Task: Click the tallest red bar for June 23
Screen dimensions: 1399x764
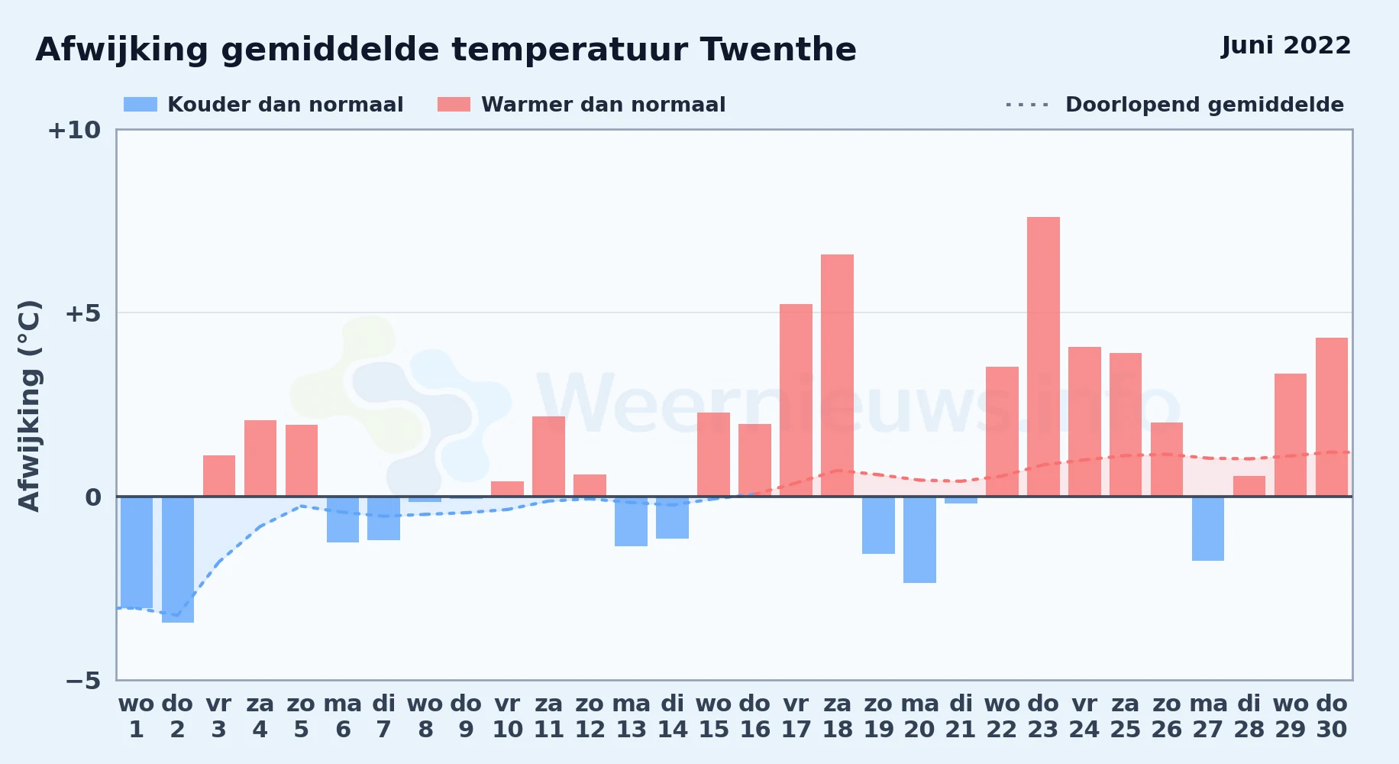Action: coord(1043,357)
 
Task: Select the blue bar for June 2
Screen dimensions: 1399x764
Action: coord(178,559)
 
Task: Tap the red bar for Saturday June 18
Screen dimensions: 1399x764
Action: coord(837,375)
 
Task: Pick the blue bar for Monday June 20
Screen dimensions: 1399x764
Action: coord(919,539)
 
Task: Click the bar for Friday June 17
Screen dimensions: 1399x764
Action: coord(796,400)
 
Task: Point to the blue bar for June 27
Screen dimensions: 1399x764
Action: coord(1208,529)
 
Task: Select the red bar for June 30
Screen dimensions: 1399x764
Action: coord(1332,417)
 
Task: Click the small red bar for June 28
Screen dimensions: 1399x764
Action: coord(1249,486)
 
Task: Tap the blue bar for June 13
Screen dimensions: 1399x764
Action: coord(631,521)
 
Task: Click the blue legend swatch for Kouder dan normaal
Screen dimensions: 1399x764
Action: coord(141,105)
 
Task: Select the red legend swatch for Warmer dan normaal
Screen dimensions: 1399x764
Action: coord(454,105)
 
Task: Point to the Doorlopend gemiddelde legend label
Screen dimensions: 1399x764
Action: coord(1204,105)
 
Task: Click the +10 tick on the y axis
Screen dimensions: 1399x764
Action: coord(74,130)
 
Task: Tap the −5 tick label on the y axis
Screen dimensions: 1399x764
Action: coord(82,680)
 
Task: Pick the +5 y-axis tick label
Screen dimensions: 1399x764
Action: coord(82,313)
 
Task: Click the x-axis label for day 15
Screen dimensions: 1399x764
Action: coord(713,717)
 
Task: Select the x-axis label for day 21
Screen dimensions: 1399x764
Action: coord(961,717)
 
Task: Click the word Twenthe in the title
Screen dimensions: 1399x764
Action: coord(778,50)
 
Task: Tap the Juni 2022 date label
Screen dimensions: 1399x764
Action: coord(1286,46)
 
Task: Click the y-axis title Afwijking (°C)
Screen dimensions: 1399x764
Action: coord(29,405)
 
